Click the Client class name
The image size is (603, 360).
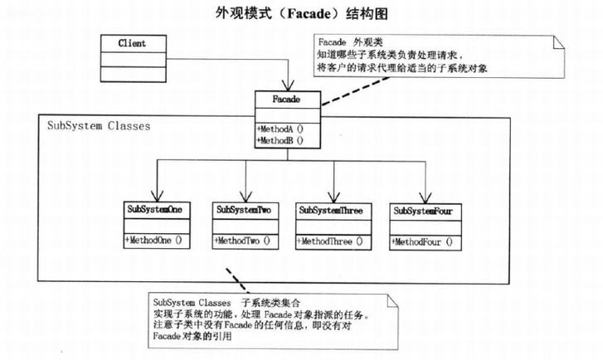point(132,42)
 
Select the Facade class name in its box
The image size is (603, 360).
point(285,100)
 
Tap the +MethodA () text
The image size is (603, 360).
point(280,129)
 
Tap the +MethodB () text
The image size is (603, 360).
point(280,140)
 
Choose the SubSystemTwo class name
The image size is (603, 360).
point(245,210)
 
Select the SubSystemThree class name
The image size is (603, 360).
point(333,210)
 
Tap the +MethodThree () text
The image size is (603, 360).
point(330,241)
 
